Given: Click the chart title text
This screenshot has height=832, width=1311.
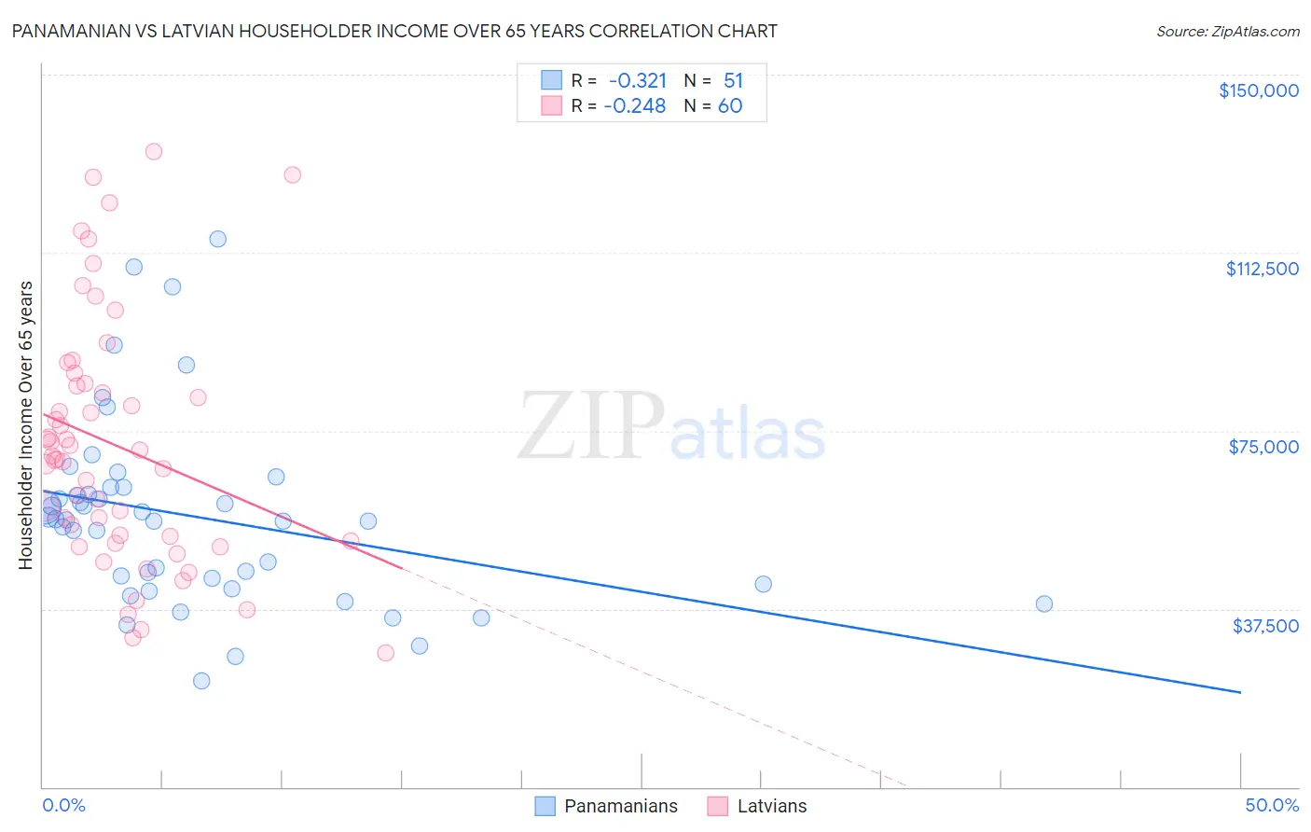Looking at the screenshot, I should pos(393,31).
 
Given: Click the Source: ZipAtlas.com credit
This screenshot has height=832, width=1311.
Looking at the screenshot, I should pos(1227,31).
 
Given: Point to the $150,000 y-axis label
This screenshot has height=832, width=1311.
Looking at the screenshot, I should pos(1258,90).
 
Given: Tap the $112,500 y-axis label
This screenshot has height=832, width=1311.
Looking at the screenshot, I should pos(1262,269).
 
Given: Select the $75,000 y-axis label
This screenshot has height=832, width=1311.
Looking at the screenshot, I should pos(1263,447).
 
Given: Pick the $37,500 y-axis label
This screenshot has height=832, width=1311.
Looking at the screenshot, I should pos(1264,626).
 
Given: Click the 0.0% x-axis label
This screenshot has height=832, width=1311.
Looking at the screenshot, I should pos(63,805).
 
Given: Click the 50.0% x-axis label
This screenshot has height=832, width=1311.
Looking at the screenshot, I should pos(1271,805).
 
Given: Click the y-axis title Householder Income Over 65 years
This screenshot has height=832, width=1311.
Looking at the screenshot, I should pos(26,424).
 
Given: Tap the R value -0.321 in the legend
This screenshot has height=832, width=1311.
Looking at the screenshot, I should pos(637,81).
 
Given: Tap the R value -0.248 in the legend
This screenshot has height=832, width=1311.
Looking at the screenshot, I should pos(635,106).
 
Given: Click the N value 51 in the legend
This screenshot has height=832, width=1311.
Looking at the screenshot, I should pos(733,81).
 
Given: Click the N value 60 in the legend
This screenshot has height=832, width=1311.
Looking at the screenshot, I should pos(730,106).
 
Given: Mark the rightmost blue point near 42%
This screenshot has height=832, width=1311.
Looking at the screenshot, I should pos(1043,603).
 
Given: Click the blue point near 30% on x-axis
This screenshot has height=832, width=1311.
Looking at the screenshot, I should pos(763,584).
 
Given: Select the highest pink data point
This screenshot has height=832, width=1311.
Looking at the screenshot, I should pos(154,151).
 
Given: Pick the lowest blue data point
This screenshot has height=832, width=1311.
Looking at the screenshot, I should pos(201,681).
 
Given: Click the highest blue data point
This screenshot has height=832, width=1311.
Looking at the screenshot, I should pos(217,239).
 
